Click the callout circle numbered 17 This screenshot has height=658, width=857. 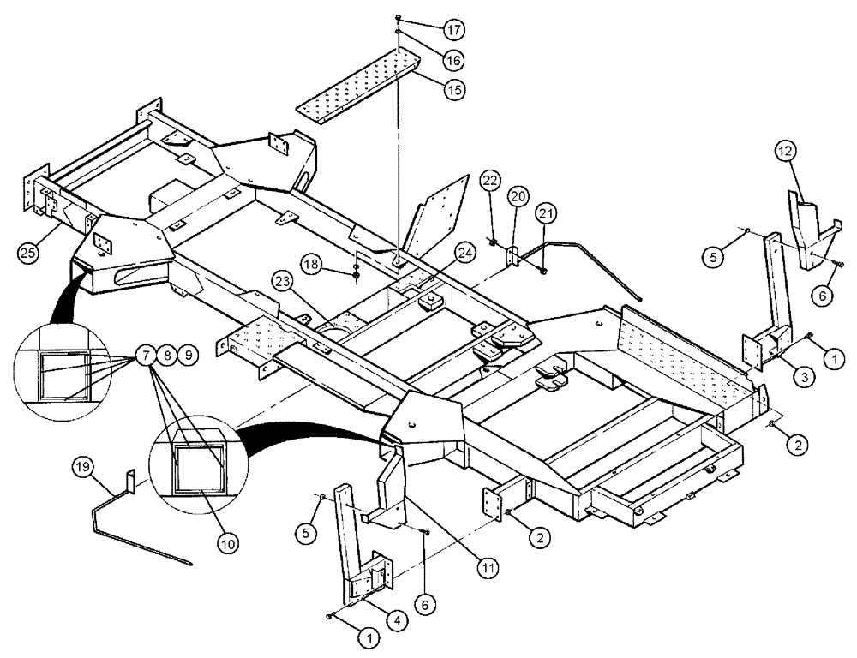click(454, 28)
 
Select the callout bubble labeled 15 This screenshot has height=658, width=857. click(454, 89)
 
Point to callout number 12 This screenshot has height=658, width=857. click(788, 152)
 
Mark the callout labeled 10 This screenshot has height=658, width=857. click(228, 541)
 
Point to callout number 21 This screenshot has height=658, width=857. click(547, 212)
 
